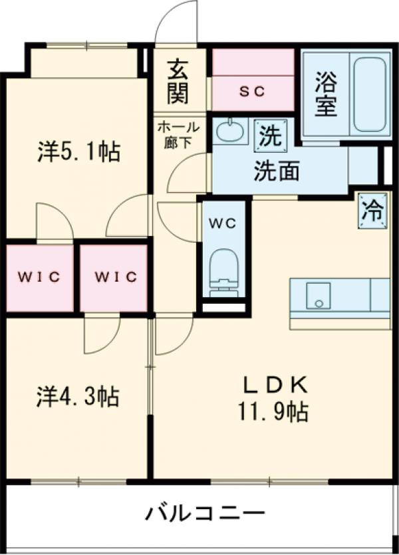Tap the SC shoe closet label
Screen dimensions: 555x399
(252, 92)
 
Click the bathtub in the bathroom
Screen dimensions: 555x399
(371, 94)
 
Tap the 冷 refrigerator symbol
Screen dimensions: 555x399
(372, 211)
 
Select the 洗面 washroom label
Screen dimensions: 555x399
(275, 171)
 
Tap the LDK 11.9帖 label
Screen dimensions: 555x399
(273, 399)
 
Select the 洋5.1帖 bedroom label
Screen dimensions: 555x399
(78, 152)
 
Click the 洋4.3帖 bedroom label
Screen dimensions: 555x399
(78, 397)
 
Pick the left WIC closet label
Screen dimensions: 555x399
(40, 277)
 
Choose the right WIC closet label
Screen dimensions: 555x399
(114, 277)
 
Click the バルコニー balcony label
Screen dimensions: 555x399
(205, 513)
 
